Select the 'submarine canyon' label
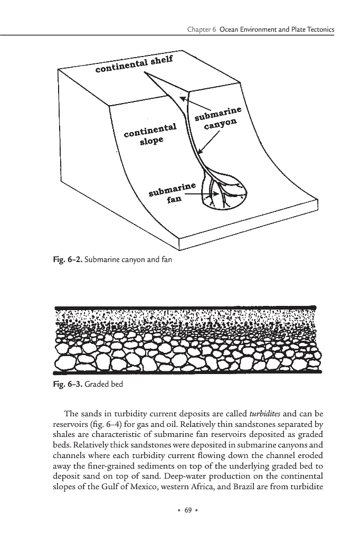(x=218, y=118)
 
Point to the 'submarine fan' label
(x=172, y=194)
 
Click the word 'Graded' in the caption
(x=97, y=384)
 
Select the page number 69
(x=185, y=510)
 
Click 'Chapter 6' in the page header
(x=202, y=30)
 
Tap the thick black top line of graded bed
(x=185, y=307)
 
